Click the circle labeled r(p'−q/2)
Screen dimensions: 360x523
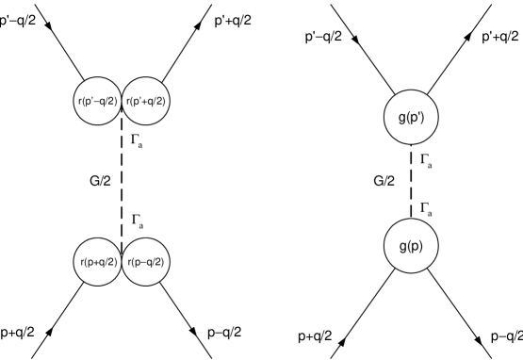98,102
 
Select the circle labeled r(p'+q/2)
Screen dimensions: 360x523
146,102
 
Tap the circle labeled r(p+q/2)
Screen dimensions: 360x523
98,262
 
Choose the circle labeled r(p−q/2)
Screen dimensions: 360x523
146,262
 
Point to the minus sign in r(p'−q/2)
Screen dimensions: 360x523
98,102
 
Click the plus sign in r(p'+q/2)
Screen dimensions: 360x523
147,102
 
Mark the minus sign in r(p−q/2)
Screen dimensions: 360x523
145,262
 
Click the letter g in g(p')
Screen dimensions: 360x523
402,119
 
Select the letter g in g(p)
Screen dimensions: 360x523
403,248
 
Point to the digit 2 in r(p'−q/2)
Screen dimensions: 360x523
112,102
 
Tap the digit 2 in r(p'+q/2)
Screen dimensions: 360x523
161,102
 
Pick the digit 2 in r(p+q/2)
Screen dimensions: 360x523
111,262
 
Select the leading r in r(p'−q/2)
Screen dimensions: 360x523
79,102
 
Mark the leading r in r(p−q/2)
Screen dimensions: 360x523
129,262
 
